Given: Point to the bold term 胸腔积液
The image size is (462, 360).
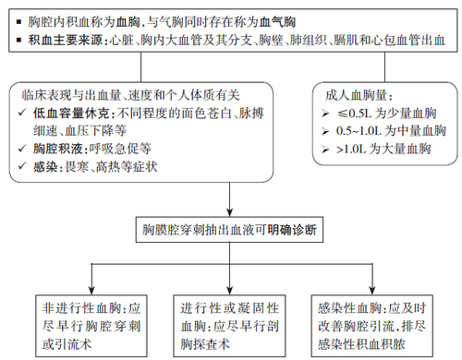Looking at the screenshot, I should [x=55, y=147].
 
